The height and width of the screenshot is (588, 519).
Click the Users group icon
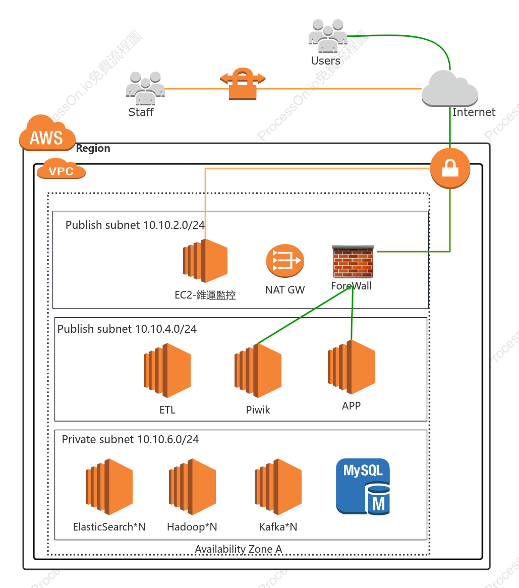click(x=328, y=36)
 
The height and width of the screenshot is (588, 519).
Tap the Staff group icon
click(x=145, y=88)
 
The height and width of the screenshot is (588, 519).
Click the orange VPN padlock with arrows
click(x=243, y=84)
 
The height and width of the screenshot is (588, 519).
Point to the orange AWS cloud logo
click(x=47, y=133)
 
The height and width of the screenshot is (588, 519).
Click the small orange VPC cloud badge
click(x=61, y=168)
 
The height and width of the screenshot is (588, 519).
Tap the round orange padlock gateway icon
click(x=450, y=168)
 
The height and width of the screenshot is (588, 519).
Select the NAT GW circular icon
click(x=285, y=261)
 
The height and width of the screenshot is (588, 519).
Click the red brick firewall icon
click(x=353, y=261)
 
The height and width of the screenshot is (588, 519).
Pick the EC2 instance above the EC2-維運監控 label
click(x=205, y=261)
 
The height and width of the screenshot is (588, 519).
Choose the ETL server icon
click(x=167, y=370)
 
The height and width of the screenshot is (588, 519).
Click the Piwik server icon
click(x=258, y=370)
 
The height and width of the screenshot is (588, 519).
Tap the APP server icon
click(x=351, y=367)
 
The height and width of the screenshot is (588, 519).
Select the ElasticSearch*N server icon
click(x=109, y=486)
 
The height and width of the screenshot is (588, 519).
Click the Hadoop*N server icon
click(x=192, y=486)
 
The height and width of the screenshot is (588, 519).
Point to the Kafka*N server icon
click(x=278, y=486)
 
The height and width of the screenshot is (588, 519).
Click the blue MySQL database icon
click(x=363, y=486)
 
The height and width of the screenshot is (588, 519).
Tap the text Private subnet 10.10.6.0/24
click(x=130, y=439)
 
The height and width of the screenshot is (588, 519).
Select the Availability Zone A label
click(x=239, y=549)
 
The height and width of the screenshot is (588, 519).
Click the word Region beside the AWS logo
click(x=93, y=148)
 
